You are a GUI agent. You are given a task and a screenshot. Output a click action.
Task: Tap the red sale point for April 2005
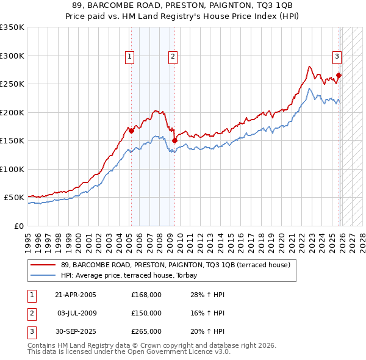tap(131, 131)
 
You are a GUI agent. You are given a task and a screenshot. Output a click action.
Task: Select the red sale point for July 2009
tap(175, 140)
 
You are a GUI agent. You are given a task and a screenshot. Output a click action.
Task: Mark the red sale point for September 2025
tap(339, 76)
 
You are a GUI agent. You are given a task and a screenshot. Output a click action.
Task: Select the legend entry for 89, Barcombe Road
tap(179, 265)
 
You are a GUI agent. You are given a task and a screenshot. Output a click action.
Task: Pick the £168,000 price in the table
tap(146, 295)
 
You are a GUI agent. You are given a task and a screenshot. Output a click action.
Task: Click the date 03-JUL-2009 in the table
tap(77, 312)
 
